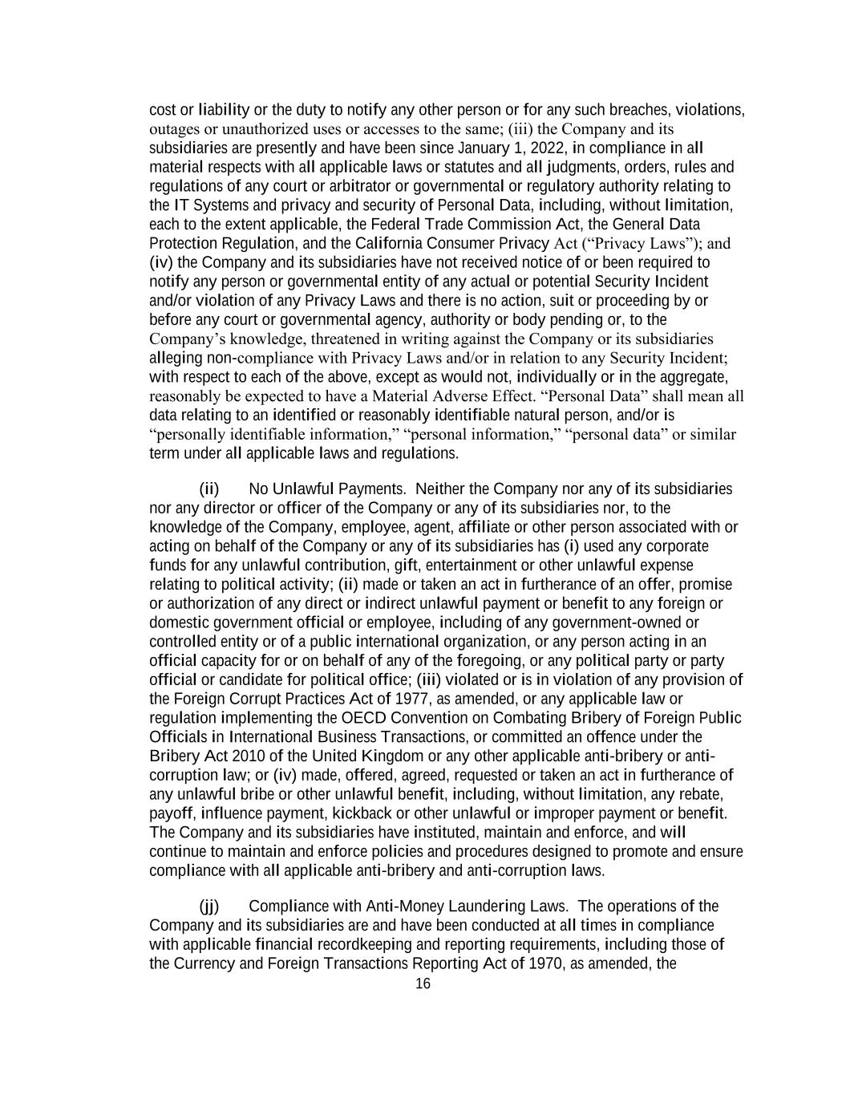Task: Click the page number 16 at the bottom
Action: pyautogui.click(x=423, y=984)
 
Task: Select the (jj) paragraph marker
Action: pyautogui.click(x=208, y=906)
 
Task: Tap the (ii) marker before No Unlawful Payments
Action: pyautogui.click(x=208, y=489)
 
